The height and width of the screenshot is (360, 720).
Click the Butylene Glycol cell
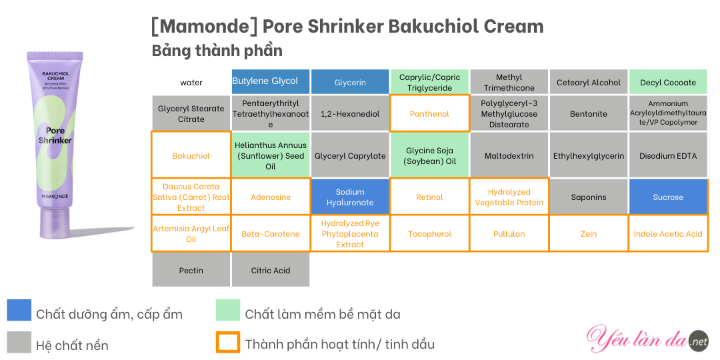coord(271,82)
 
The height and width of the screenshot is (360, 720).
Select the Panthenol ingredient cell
coord(429,113)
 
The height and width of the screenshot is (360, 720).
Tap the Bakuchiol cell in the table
coord(191,155)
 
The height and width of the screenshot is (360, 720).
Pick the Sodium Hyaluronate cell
coord(350,197)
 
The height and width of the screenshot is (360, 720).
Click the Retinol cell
coord(429,197)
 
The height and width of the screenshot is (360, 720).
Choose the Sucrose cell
coord(668,197)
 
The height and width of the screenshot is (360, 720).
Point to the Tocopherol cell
coord(429,234)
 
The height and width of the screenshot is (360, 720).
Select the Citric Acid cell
coord(271,270)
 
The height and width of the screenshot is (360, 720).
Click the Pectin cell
coord(191,270)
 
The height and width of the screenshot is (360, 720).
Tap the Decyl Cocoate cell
coord(668,82)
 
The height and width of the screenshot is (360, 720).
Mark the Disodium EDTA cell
coord(668,155)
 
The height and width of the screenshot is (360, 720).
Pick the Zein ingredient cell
coord(589,234)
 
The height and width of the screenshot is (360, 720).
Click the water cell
coord(191,82)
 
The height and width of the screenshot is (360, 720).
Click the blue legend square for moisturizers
coord(19,310)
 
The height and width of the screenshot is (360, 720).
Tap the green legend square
coord(228,310)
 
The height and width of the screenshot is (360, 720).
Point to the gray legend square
coord(19,342)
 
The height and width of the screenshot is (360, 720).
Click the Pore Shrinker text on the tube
coord(55,135)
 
